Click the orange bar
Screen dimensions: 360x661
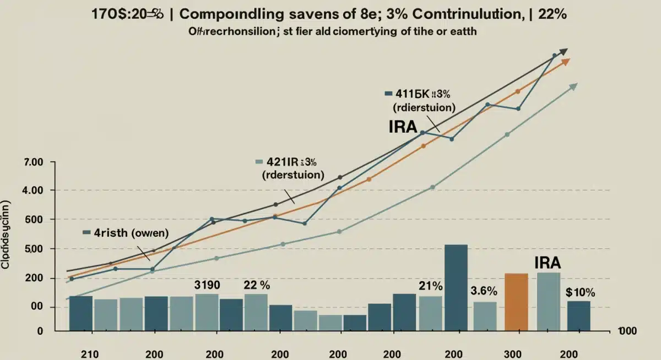click(x=516, y=302)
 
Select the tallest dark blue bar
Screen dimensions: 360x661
click(x=456, y=287)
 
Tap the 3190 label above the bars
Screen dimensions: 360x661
click(x=207, y=285)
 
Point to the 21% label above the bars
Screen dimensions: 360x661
click(x=431, y=286)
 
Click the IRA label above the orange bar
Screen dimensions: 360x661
click(x=548, y=263)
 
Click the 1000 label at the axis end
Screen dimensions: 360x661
click(x=627, y=330)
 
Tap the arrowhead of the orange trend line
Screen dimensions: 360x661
click(x=565, y=61)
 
